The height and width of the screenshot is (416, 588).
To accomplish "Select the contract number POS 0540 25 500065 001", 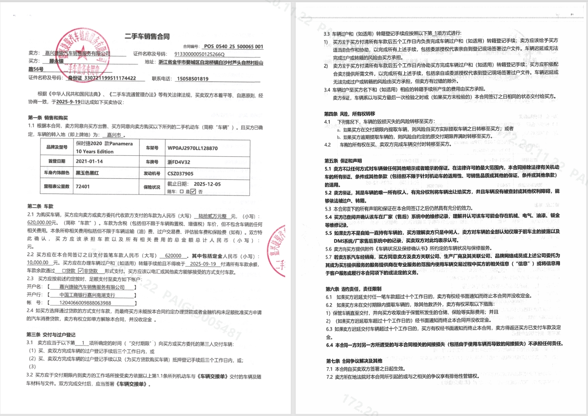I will [233, 46].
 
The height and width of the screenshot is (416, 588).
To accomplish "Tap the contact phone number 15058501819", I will [192, 79].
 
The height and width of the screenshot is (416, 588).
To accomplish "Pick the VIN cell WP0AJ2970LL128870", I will [192, 148].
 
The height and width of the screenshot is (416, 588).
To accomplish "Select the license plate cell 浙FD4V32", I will [179, 162].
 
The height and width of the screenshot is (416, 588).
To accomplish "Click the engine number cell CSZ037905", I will [181, 174].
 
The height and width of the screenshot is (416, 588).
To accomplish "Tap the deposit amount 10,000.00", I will [39, 263].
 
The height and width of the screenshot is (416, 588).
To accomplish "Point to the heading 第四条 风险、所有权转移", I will [350, 114].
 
